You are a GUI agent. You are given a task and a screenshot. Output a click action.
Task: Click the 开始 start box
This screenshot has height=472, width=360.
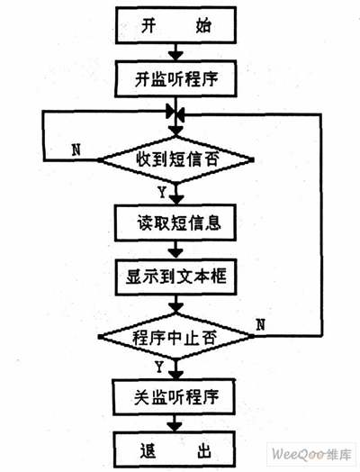coord(176,26)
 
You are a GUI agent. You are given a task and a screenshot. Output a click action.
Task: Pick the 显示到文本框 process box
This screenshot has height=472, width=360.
coord(176,277)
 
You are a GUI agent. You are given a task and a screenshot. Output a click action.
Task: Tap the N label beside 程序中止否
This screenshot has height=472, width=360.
coord(261,322)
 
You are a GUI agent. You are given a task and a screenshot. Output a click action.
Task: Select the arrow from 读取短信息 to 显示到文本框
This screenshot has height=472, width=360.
coord(176,250)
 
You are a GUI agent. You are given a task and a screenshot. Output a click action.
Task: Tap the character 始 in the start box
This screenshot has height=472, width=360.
coord(203,26)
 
